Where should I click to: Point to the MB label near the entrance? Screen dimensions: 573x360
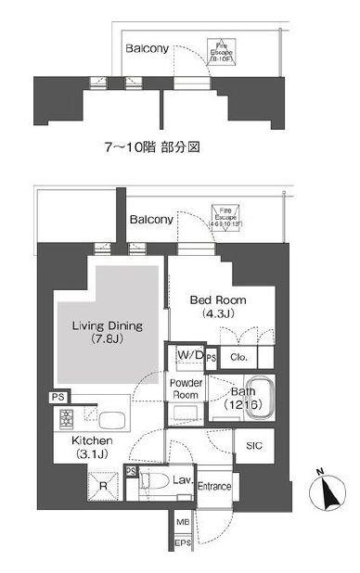182,525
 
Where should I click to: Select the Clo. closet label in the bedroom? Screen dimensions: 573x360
238,355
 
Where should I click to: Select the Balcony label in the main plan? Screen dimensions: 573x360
151,220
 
